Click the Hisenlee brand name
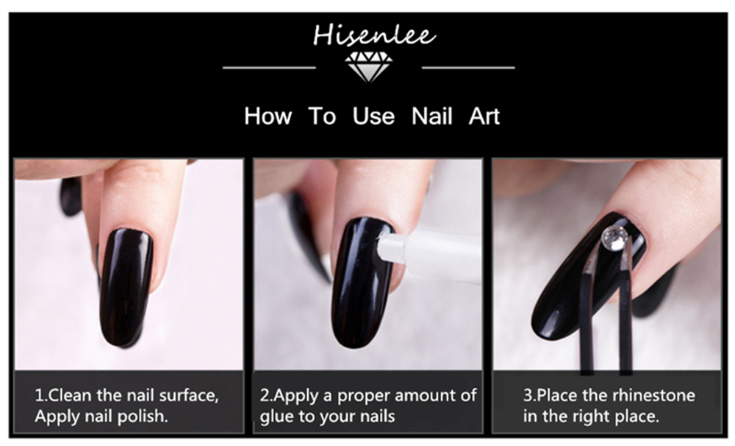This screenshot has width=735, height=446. (374, 35)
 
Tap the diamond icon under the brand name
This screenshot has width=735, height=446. (368, 67)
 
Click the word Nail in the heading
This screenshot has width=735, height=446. (431, 116)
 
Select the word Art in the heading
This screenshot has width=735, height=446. (484, 116)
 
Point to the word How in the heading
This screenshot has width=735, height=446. (268, 116)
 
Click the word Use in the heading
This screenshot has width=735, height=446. (373, 116)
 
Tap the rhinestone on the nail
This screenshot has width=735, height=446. (615, 236)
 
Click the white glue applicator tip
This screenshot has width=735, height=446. (392, 244)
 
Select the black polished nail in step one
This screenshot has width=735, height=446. (126, 287)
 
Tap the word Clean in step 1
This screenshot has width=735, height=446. (71, 395)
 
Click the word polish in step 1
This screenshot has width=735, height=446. (142, 417)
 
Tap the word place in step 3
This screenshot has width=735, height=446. (636, 417)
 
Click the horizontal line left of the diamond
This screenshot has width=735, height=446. (269, 68)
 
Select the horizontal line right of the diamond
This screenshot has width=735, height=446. (468, 68)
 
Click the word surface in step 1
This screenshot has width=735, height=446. (189, 396)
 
